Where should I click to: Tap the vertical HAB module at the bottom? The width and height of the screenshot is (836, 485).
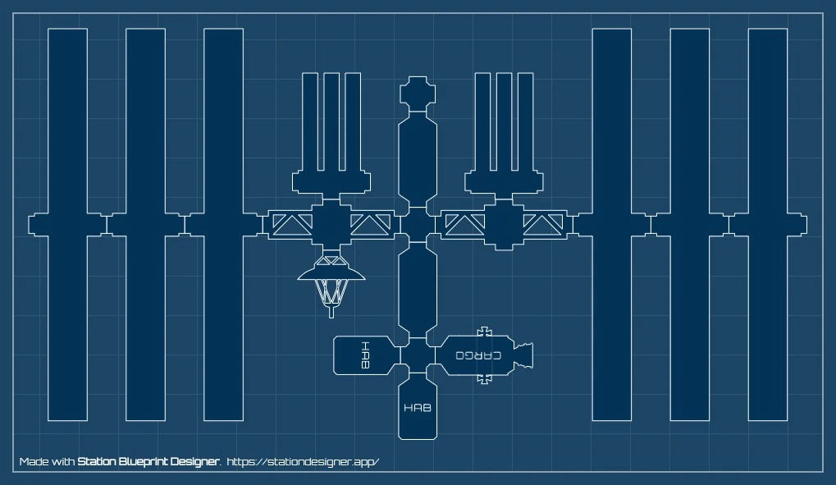click(417, 409)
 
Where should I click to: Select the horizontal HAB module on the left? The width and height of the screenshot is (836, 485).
click(363, 355)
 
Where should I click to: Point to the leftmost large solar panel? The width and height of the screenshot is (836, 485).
click(67, 224)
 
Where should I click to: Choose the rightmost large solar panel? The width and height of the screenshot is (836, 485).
click(768, 224)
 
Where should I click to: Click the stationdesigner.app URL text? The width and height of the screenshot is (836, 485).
click(303, 462)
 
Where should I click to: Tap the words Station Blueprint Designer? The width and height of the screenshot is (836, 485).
click(148, 462)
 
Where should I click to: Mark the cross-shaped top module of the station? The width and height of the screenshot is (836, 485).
click(417, 93)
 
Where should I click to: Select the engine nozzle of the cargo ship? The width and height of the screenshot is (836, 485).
click(524, 355)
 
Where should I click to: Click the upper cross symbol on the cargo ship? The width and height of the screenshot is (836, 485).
click(485, 332)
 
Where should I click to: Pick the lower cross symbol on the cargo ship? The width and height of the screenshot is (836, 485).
click(485, 378)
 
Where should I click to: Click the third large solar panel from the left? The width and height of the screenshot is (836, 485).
click(223, 224)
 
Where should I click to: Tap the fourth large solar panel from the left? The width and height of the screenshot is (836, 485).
click(612, 224)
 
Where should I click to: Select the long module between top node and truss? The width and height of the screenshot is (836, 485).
click(417, 160)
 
